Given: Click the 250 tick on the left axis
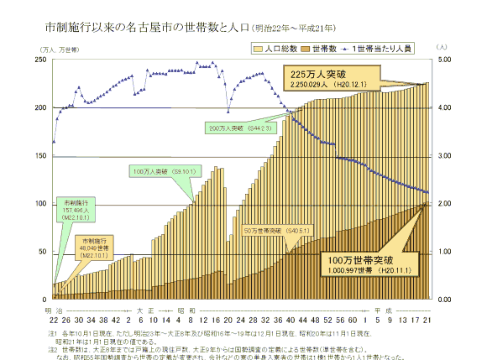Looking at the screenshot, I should (39, 60).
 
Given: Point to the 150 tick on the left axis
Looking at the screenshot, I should (39, 156).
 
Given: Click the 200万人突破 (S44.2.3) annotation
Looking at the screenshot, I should (240, 128).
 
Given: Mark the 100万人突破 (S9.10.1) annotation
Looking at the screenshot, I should (165, 171).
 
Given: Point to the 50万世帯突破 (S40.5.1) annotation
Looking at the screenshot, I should (277, 229).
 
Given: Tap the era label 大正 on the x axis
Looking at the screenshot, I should (146, 310).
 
